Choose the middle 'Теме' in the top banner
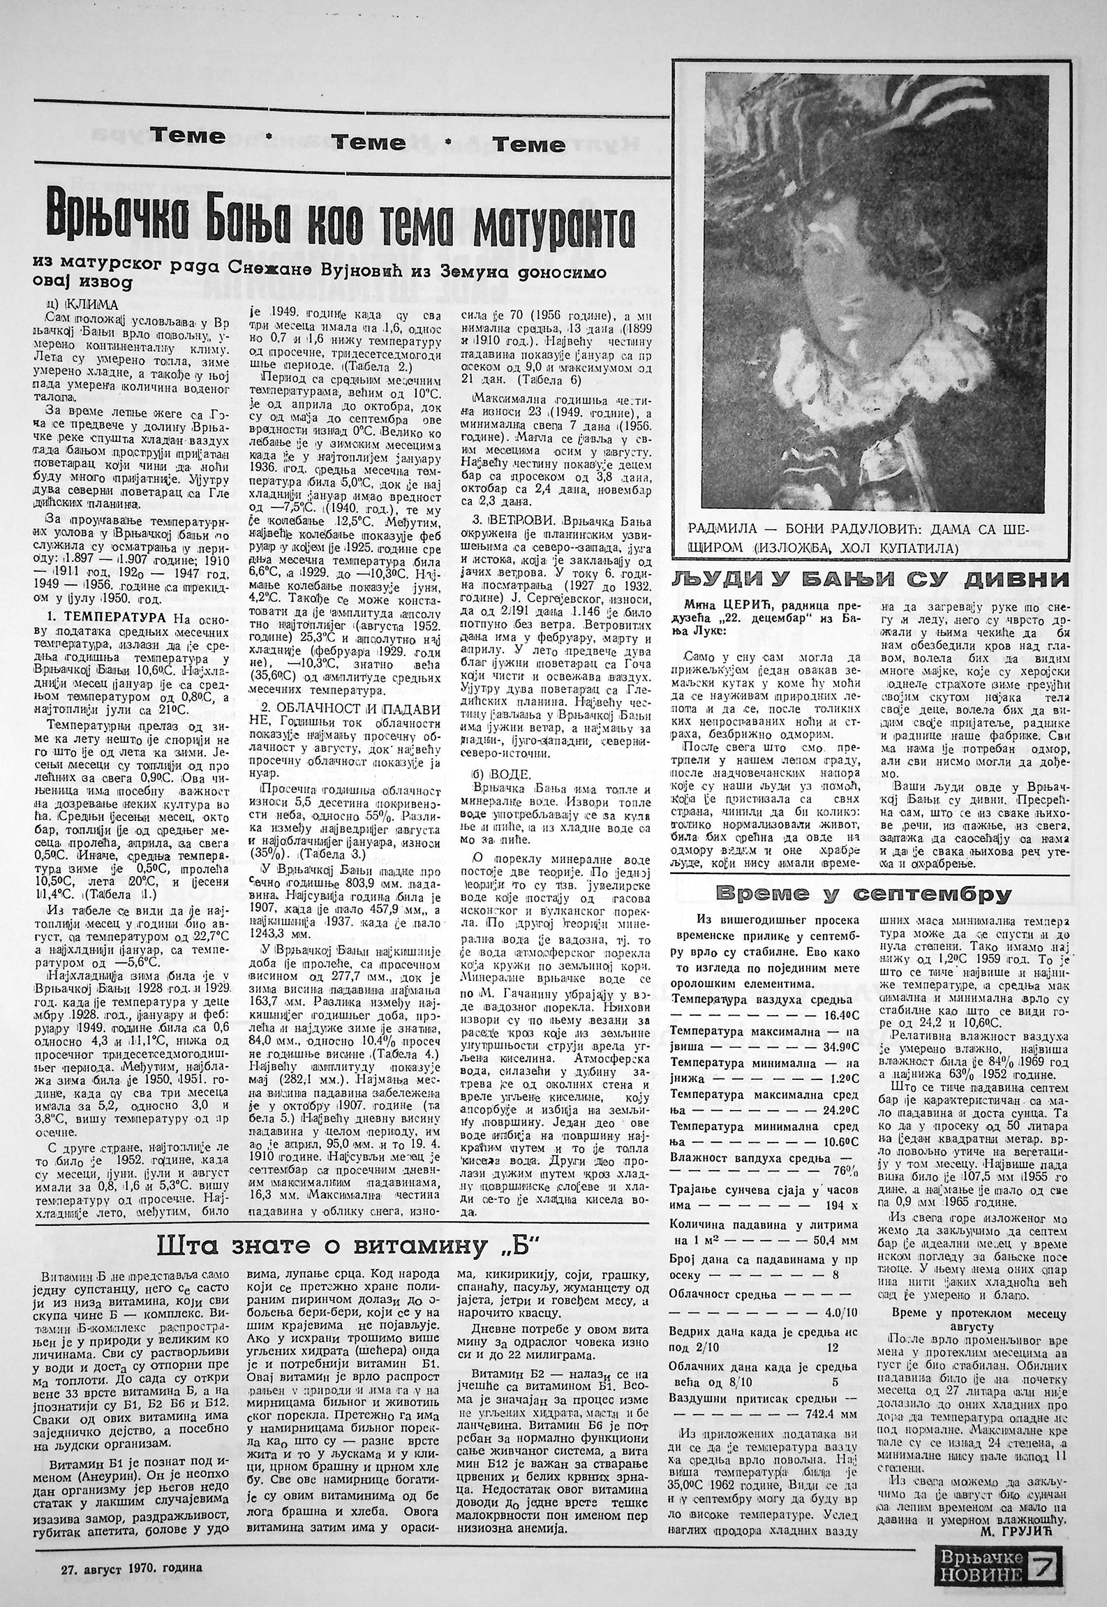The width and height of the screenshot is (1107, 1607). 369,142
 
